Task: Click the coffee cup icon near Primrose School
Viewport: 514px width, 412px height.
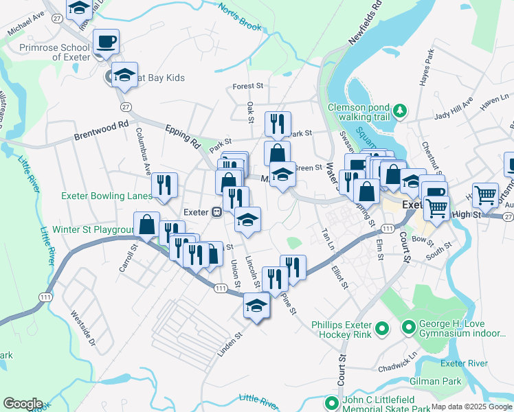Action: pyautogui.click(x=106, y=41)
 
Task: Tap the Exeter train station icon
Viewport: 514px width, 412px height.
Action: pyautogui.click(x=216, y=212)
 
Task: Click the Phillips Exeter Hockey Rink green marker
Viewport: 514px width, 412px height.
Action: pyautogui.click(x=383, y=329)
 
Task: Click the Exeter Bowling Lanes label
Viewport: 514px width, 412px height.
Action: pyautogui.click(x=107, y=196)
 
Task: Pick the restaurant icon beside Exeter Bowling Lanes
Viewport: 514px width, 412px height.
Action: pyautogui.click(x=164, y=185)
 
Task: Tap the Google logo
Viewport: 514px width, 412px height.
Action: pyautogui.click(x=23, y=404)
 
